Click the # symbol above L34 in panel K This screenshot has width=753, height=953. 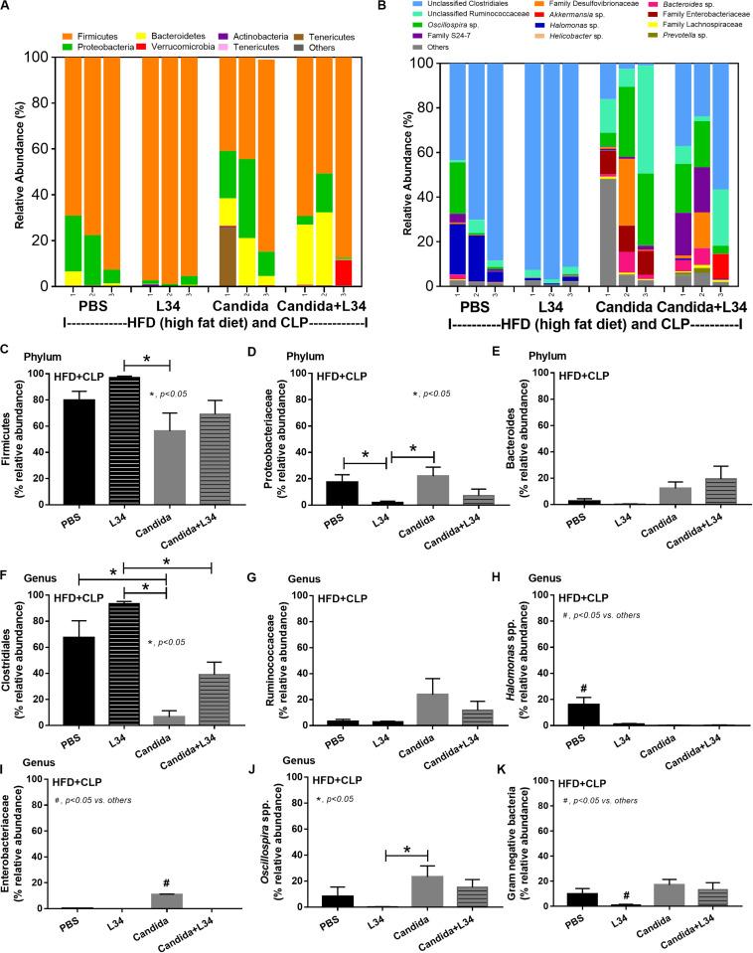tap(619, 866)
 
